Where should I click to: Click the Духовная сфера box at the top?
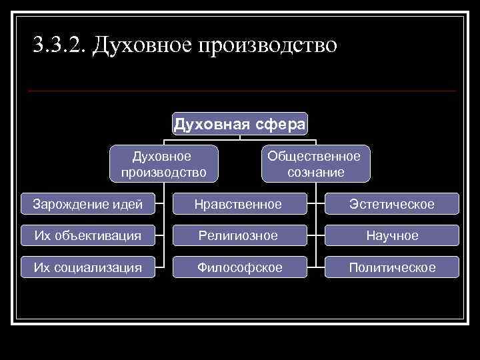point(240,124)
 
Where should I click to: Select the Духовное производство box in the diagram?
point(164,164)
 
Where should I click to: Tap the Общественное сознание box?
point(315,164)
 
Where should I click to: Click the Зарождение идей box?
point(88,204)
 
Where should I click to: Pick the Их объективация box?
point(88,235)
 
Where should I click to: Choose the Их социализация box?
point(88,267)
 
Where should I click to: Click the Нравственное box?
point(238,204)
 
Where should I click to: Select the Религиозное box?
point(238,235)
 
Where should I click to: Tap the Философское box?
point(238,267)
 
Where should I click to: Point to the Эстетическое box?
point(392,204)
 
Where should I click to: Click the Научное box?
point(392,235)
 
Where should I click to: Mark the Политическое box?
point(392,267)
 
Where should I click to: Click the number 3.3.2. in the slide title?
point(59,45)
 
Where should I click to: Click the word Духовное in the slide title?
point(141,45)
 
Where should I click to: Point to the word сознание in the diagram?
point(315,172)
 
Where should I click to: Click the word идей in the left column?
point(128,204)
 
